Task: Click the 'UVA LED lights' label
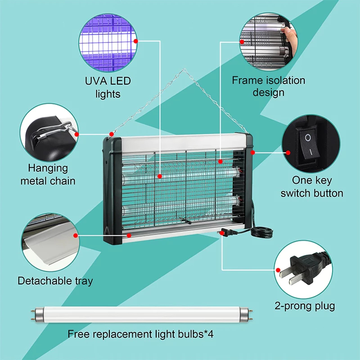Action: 108,87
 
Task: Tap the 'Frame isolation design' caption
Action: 268,86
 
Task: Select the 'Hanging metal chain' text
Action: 51,175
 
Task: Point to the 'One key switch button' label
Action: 312,187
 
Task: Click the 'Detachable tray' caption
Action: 55,281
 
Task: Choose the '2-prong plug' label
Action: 305,306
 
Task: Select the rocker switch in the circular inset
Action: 308,144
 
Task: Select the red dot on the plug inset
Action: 275,270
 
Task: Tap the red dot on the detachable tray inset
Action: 76,234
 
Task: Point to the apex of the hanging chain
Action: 183,69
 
